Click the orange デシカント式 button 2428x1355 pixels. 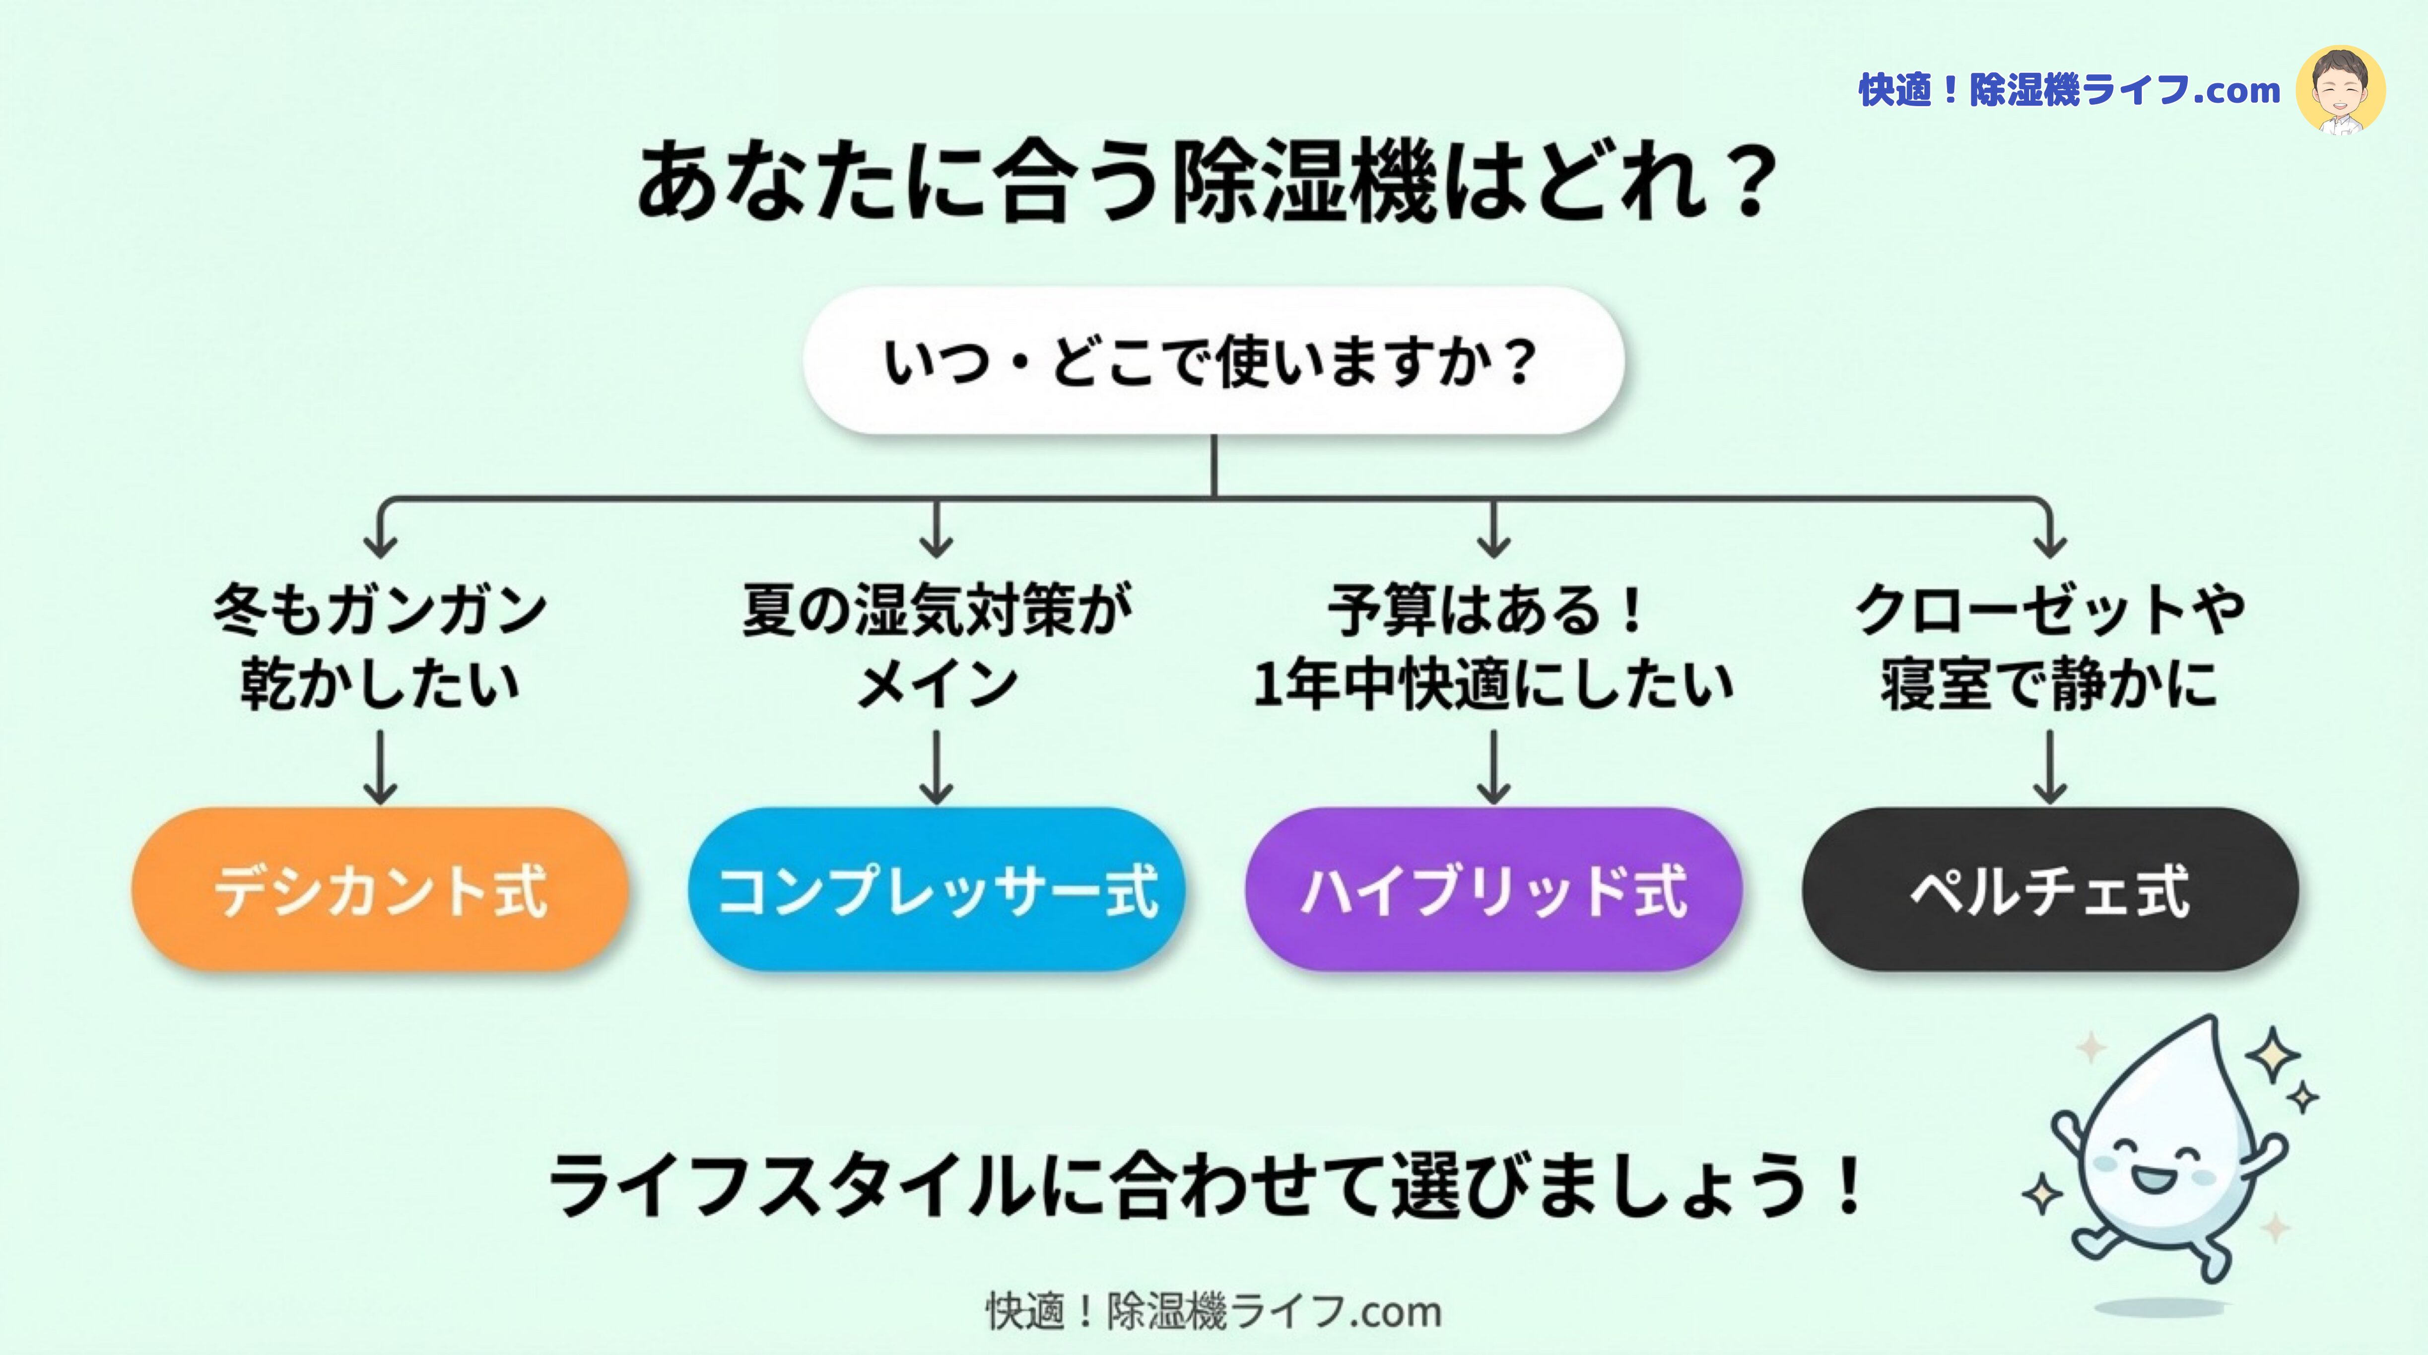point(380,889)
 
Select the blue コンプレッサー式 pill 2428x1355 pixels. point(936,889)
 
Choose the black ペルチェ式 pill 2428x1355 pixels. point(2050,889)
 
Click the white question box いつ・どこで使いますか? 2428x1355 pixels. point(1213,361)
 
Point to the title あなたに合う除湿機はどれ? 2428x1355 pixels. point(1207,181)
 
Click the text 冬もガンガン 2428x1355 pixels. point(380,610)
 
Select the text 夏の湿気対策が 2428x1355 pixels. point(936,610)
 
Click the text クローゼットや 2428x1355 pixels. point(2050,610)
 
